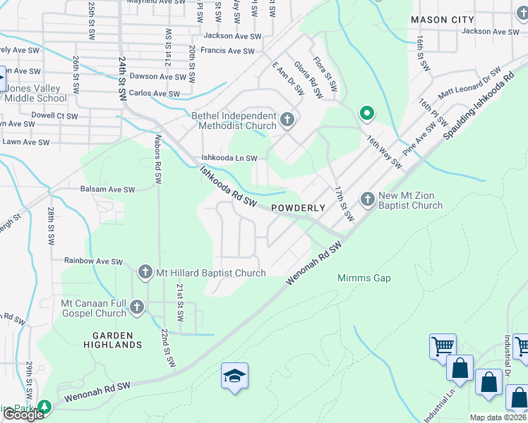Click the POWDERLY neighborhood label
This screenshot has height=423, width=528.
(x=297, y=208)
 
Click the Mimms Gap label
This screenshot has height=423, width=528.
(x=364, y=278)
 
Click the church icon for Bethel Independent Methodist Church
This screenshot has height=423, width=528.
(x=287, y=120)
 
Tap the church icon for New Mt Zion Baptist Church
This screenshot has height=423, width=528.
(x=367, y=200)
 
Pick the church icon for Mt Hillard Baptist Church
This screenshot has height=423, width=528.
(x=145, y=272)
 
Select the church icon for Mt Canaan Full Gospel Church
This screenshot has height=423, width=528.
(x=137, y=307)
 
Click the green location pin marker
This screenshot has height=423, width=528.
(x=366, y=113)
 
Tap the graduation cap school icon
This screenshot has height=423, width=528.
(x=235, y=376)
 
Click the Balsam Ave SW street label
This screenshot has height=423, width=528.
(x=108, y=190)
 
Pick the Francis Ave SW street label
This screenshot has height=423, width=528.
(x=227, y=51)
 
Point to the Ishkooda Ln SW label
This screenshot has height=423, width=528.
(x=229, y=159)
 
